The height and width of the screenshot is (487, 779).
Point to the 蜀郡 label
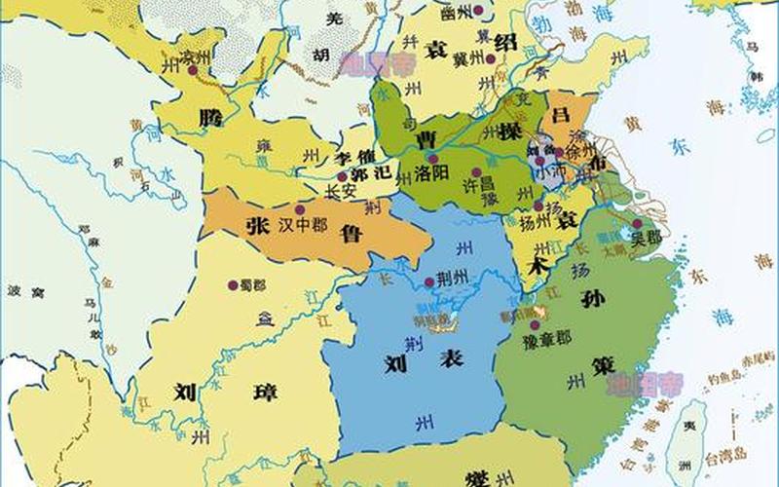click(254, 284)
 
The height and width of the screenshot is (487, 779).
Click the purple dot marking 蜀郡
click(233, 284)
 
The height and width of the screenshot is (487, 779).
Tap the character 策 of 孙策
click(602, 367)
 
